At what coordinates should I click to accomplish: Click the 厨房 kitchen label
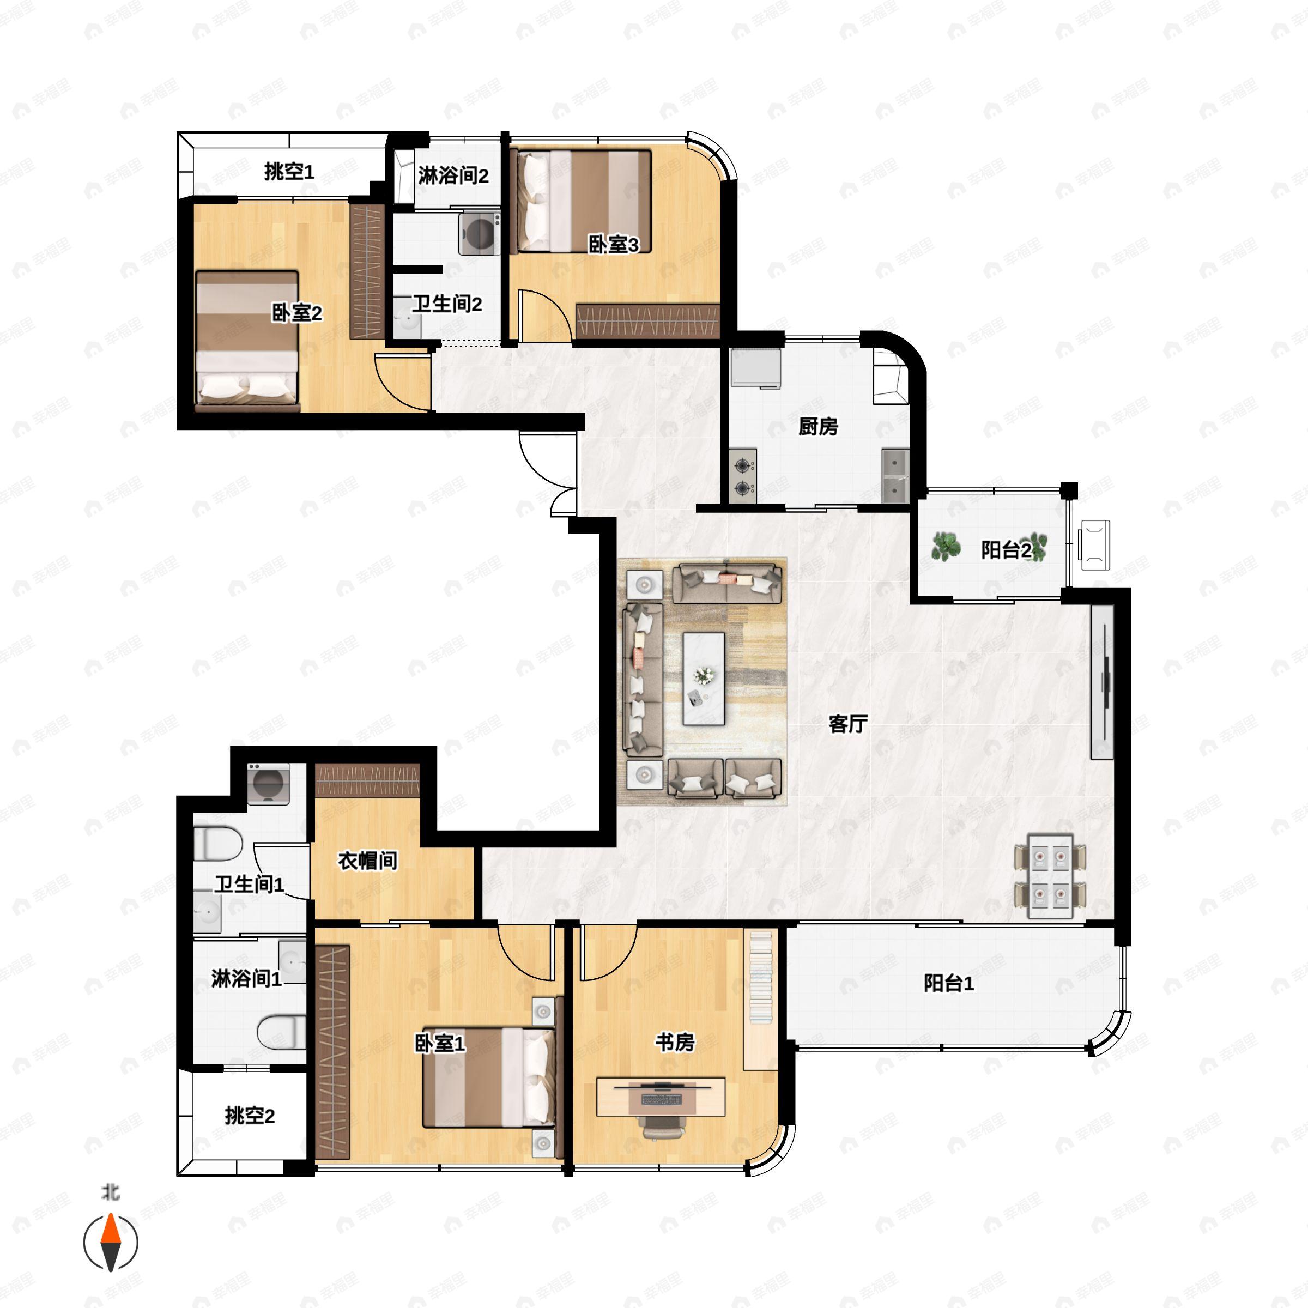819,427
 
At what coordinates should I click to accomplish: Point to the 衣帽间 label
368,861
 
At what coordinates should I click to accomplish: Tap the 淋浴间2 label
453,175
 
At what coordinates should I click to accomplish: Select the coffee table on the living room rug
704,679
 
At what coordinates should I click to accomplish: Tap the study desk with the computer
661,1097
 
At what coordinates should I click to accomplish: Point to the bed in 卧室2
247,341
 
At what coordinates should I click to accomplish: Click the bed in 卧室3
581,202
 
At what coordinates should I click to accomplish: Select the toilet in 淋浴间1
281,1032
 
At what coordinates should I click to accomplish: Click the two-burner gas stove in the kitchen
743,476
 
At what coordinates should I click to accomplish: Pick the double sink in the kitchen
895,476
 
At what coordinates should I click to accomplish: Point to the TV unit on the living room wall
1101,681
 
